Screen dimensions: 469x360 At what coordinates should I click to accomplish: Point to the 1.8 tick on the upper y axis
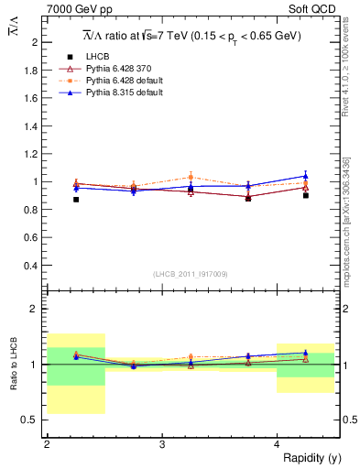click(32, 70)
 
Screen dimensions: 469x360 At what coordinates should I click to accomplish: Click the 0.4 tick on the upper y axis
click(32, 266)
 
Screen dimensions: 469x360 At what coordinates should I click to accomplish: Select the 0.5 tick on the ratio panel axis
click(32, 420)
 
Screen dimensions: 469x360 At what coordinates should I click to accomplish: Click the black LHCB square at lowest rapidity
click(76, 199)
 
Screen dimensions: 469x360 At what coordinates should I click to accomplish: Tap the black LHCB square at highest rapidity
click(306, 195)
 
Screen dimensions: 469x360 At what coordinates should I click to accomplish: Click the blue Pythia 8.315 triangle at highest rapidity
click(306, 175)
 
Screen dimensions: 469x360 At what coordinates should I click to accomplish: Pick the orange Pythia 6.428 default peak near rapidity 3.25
click(191, 177)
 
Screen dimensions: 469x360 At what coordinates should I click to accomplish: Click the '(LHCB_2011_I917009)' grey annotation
click(191, 274)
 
